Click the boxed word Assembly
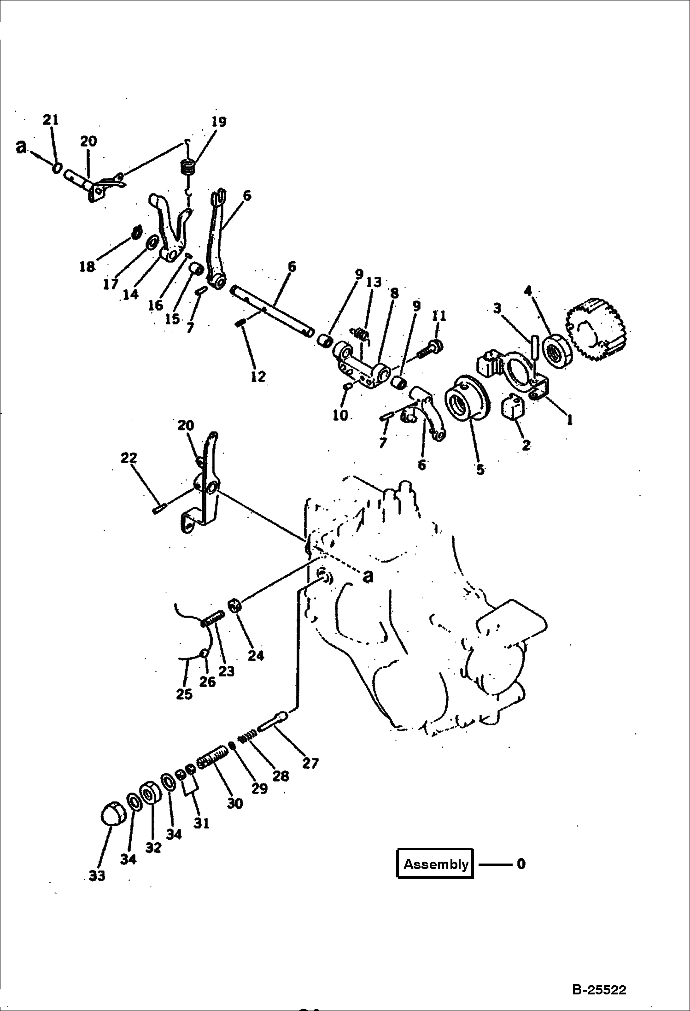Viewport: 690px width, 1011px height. [435, 864]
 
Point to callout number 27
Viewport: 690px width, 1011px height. [310, 764]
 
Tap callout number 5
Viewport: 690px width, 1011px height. [480, 469]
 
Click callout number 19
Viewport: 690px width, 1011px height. [219, 122]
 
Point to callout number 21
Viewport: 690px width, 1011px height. [51, 120]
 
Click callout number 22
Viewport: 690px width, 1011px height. [129, 458]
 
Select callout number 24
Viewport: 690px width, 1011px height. [256, 655]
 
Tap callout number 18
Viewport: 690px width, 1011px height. [87, 266]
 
